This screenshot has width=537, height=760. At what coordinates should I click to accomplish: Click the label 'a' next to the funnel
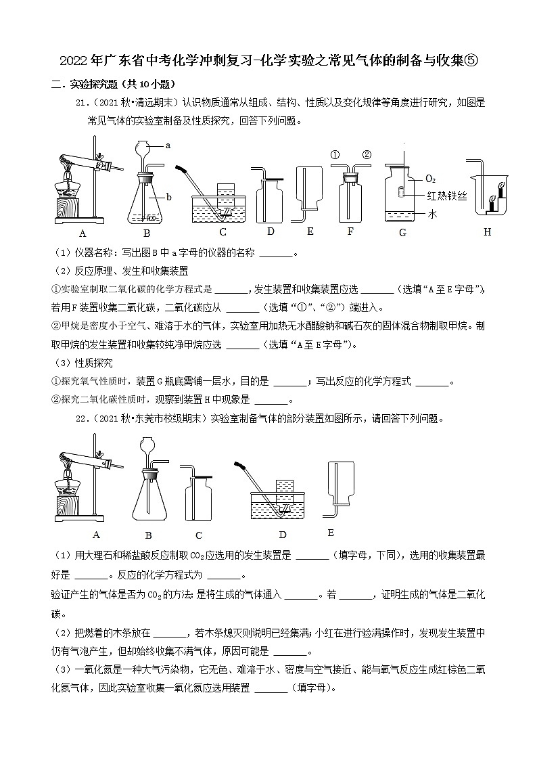[168, 146]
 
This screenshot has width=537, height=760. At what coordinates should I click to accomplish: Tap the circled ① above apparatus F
[335, 154]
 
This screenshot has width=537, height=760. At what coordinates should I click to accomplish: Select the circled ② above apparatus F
[367, 154]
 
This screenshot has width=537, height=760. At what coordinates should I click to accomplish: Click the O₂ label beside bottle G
[431, 179]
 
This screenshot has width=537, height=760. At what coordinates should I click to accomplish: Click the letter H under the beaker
[488, 232]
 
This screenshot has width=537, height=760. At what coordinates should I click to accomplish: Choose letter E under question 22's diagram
[331, 533]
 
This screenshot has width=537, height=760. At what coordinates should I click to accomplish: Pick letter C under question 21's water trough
[223, 232]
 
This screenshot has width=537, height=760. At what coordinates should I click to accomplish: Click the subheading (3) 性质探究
[84, 363]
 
